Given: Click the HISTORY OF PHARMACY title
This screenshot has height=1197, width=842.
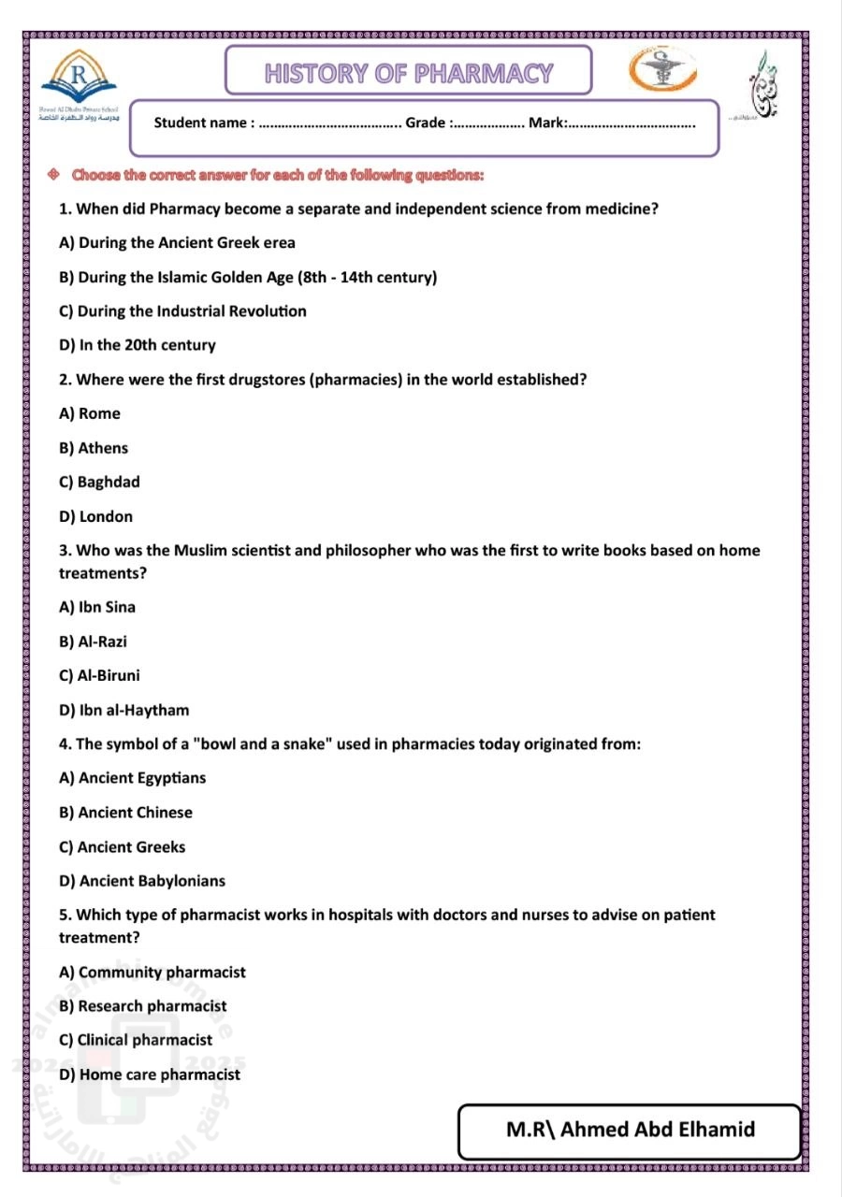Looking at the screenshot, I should pyautogui.click(x=409, y=73).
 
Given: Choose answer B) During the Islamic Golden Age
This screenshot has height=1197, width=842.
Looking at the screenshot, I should pyautogui.click(x=248, y=277).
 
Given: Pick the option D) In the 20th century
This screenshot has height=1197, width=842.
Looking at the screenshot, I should pyautogui.click(x=138, y=345).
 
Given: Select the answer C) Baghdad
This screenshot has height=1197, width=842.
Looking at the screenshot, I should pyautogui.click(x=99, y=482).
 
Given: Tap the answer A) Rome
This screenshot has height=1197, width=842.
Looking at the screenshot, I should pyautogui.click(x=90, y=413).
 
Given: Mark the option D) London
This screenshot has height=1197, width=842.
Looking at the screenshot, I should pyautogui.click(x=95, y=516).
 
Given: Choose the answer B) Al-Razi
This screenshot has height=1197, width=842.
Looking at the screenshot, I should pyautogui.click(x=93, y=642).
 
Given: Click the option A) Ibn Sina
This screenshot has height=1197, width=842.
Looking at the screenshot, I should pyautogui.click(x=97, y=607).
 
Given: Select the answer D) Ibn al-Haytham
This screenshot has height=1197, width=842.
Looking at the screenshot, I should pyautogui.click(x=123, y=710).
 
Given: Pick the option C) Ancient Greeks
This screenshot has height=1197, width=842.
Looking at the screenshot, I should pyautogui.click(x=123, y=846).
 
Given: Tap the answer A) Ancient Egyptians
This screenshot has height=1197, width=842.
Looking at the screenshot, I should pyautogui.click(x=132, y=778).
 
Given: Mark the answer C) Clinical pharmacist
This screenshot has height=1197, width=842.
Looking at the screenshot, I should pyautogui.click(x=136, y=1040).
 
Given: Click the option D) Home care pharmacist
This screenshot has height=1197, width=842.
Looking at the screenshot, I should pyautogui.click(x=150, y=1074).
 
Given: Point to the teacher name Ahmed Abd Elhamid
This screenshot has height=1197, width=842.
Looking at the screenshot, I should pyautogui.click(x=630, y=1129).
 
